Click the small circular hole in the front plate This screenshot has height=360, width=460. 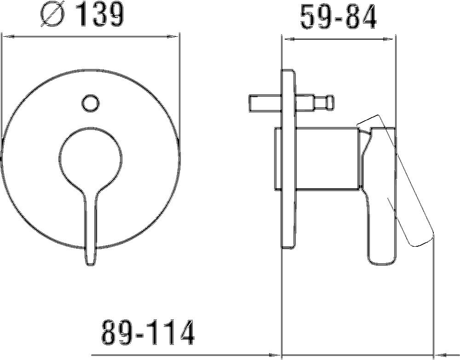90,102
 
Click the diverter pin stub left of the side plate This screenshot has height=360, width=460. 264,102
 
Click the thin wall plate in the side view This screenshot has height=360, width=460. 288,159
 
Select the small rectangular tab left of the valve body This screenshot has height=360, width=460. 277,159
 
